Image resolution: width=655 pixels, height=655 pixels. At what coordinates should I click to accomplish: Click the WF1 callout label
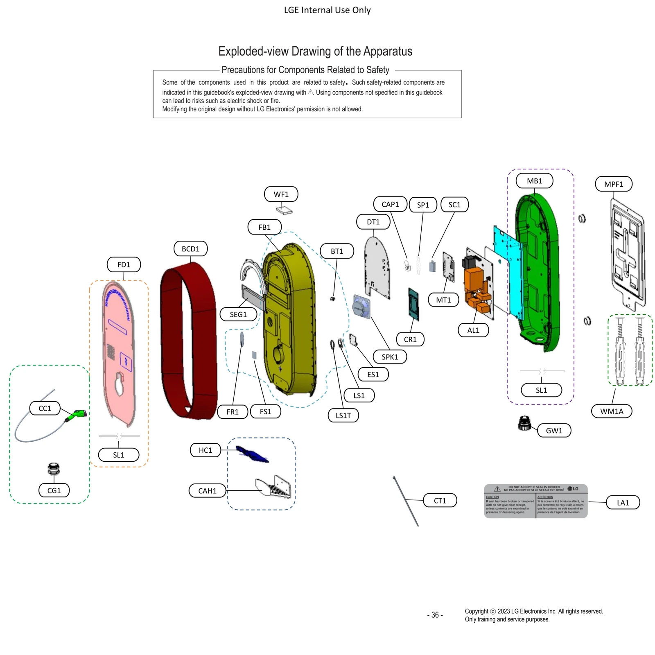[x=281, y=194]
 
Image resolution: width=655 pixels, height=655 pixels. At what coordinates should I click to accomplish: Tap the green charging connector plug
[x=76, y=415]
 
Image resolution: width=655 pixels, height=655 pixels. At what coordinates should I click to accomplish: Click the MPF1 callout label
[x=613, y=184]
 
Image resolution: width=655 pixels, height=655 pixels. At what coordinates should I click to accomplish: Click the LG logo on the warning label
[x=573, y=489]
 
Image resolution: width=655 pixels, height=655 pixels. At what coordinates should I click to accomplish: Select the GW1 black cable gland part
[x=524, y=423]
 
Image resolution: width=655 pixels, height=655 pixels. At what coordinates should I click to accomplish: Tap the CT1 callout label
[x=440, y=500]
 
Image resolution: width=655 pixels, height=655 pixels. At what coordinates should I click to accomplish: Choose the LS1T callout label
[x=343, y=415]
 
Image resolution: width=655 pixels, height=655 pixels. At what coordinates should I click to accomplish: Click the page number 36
[x=435, y=615]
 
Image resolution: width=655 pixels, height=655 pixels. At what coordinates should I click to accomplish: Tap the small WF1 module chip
[x=285, y=210]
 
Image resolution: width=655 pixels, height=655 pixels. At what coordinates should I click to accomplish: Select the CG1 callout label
[x=54, y=490]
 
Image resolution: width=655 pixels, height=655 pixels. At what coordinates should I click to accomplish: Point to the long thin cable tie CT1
[x=405, y=501]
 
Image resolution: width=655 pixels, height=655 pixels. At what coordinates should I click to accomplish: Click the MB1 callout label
[x=534, y=181]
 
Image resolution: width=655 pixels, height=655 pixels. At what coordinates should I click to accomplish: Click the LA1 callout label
[x=623, y=502]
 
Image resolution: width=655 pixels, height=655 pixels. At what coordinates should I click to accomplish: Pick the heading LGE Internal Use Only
[x=327, y=10]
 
